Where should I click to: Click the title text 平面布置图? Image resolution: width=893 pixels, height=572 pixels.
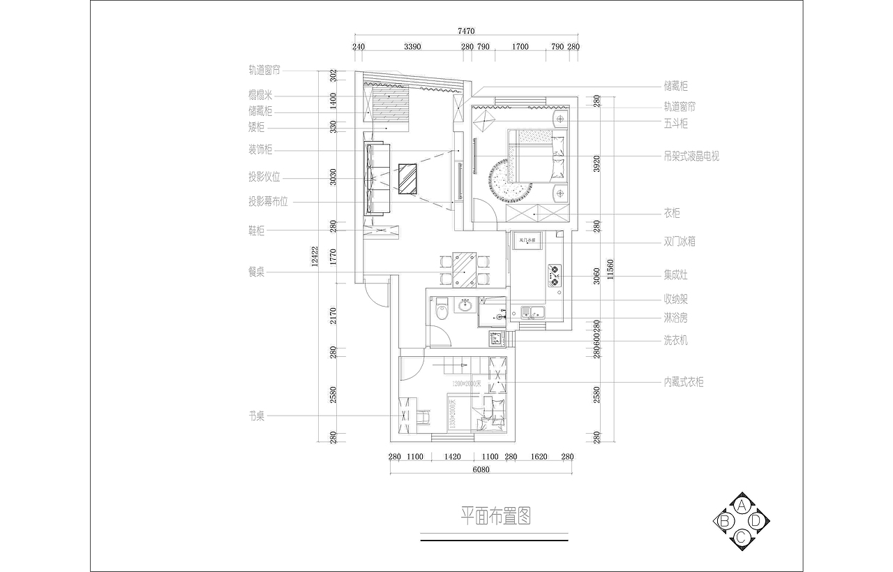(495, 516)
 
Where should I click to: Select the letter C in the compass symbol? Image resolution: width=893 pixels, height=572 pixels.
(742, 536)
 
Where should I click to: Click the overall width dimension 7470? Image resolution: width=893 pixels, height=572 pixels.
(466, 31)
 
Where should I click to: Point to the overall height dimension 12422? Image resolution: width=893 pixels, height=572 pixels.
(315, 256)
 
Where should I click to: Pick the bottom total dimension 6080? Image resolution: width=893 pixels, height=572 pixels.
(481, 469)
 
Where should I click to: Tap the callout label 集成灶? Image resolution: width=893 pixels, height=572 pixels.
(675, 275)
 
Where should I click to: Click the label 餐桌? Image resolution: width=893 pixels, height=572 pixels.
(256, 272)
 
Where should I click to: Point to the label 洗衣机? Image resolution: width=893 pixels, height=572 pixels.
(675, 340)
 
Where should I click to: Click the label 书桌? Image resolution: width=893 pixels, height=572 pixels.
(256, 416)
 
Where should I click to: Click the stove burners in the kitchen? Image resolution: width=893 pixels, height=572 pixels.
(555, 275)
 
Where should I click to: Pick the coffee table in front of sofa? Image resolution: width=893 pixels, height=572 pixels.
(407, 178)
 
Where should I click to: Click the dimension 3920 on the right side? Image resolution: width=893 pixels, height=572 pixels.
(596, 163)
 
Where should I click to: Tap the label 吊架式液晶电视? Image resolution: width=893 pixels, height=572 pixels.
(691, 156)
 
